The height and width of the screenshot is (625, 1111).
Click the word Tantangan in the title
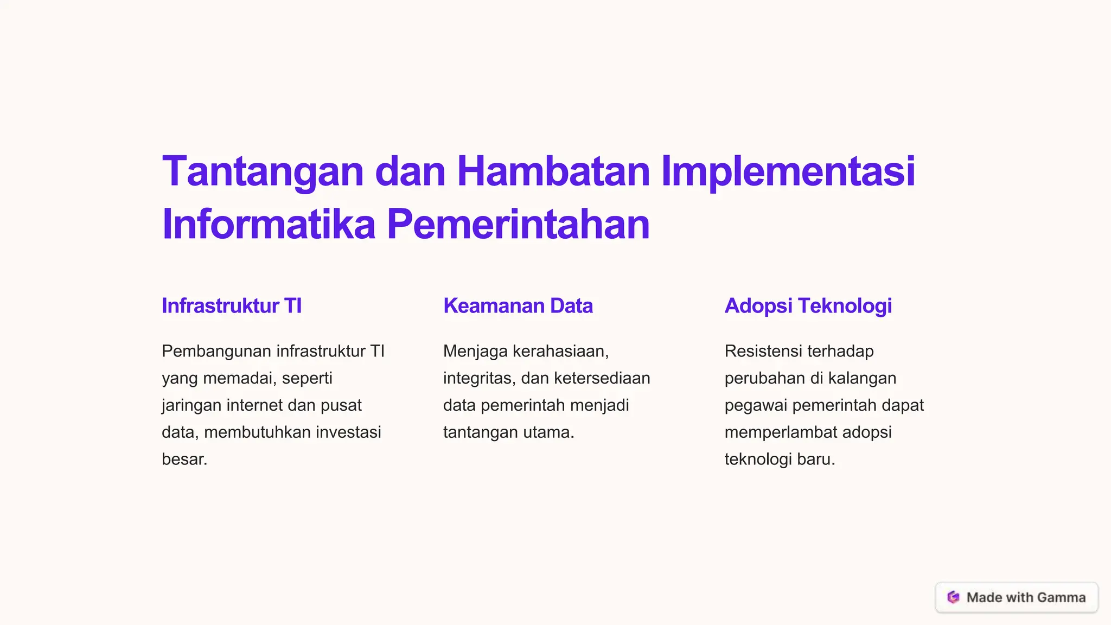(x=263, y=172)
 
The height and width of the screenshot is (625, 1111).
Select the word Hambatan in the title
(x=553, y=172)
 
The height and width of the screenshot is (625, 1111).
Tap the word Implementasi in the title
(x=788, y=172)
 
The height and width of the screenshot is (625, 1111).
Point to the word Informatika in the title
(x=269, y=225)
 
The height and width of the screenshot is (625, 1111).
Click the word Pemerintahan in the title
(x=518, y=225)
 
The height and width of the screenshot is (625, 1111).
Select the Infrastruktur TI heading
(x=232, y=306)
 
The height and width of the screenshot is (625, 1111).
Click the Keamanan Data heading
(x=518, y=306)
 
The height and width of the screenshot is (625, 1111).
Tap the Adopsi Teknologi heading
(x=808, y=306)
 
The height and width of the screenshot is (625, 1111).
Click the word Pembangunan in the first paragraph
(x=216, y=352)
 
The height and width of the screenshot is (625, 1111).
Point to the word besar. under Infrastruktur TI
(x=184, y=460)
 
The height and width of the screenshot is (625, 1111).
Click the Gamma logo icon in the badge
(x=953, y=597)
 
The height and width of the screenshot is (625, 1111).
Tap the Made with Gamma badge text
(x=1026, y=597)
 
